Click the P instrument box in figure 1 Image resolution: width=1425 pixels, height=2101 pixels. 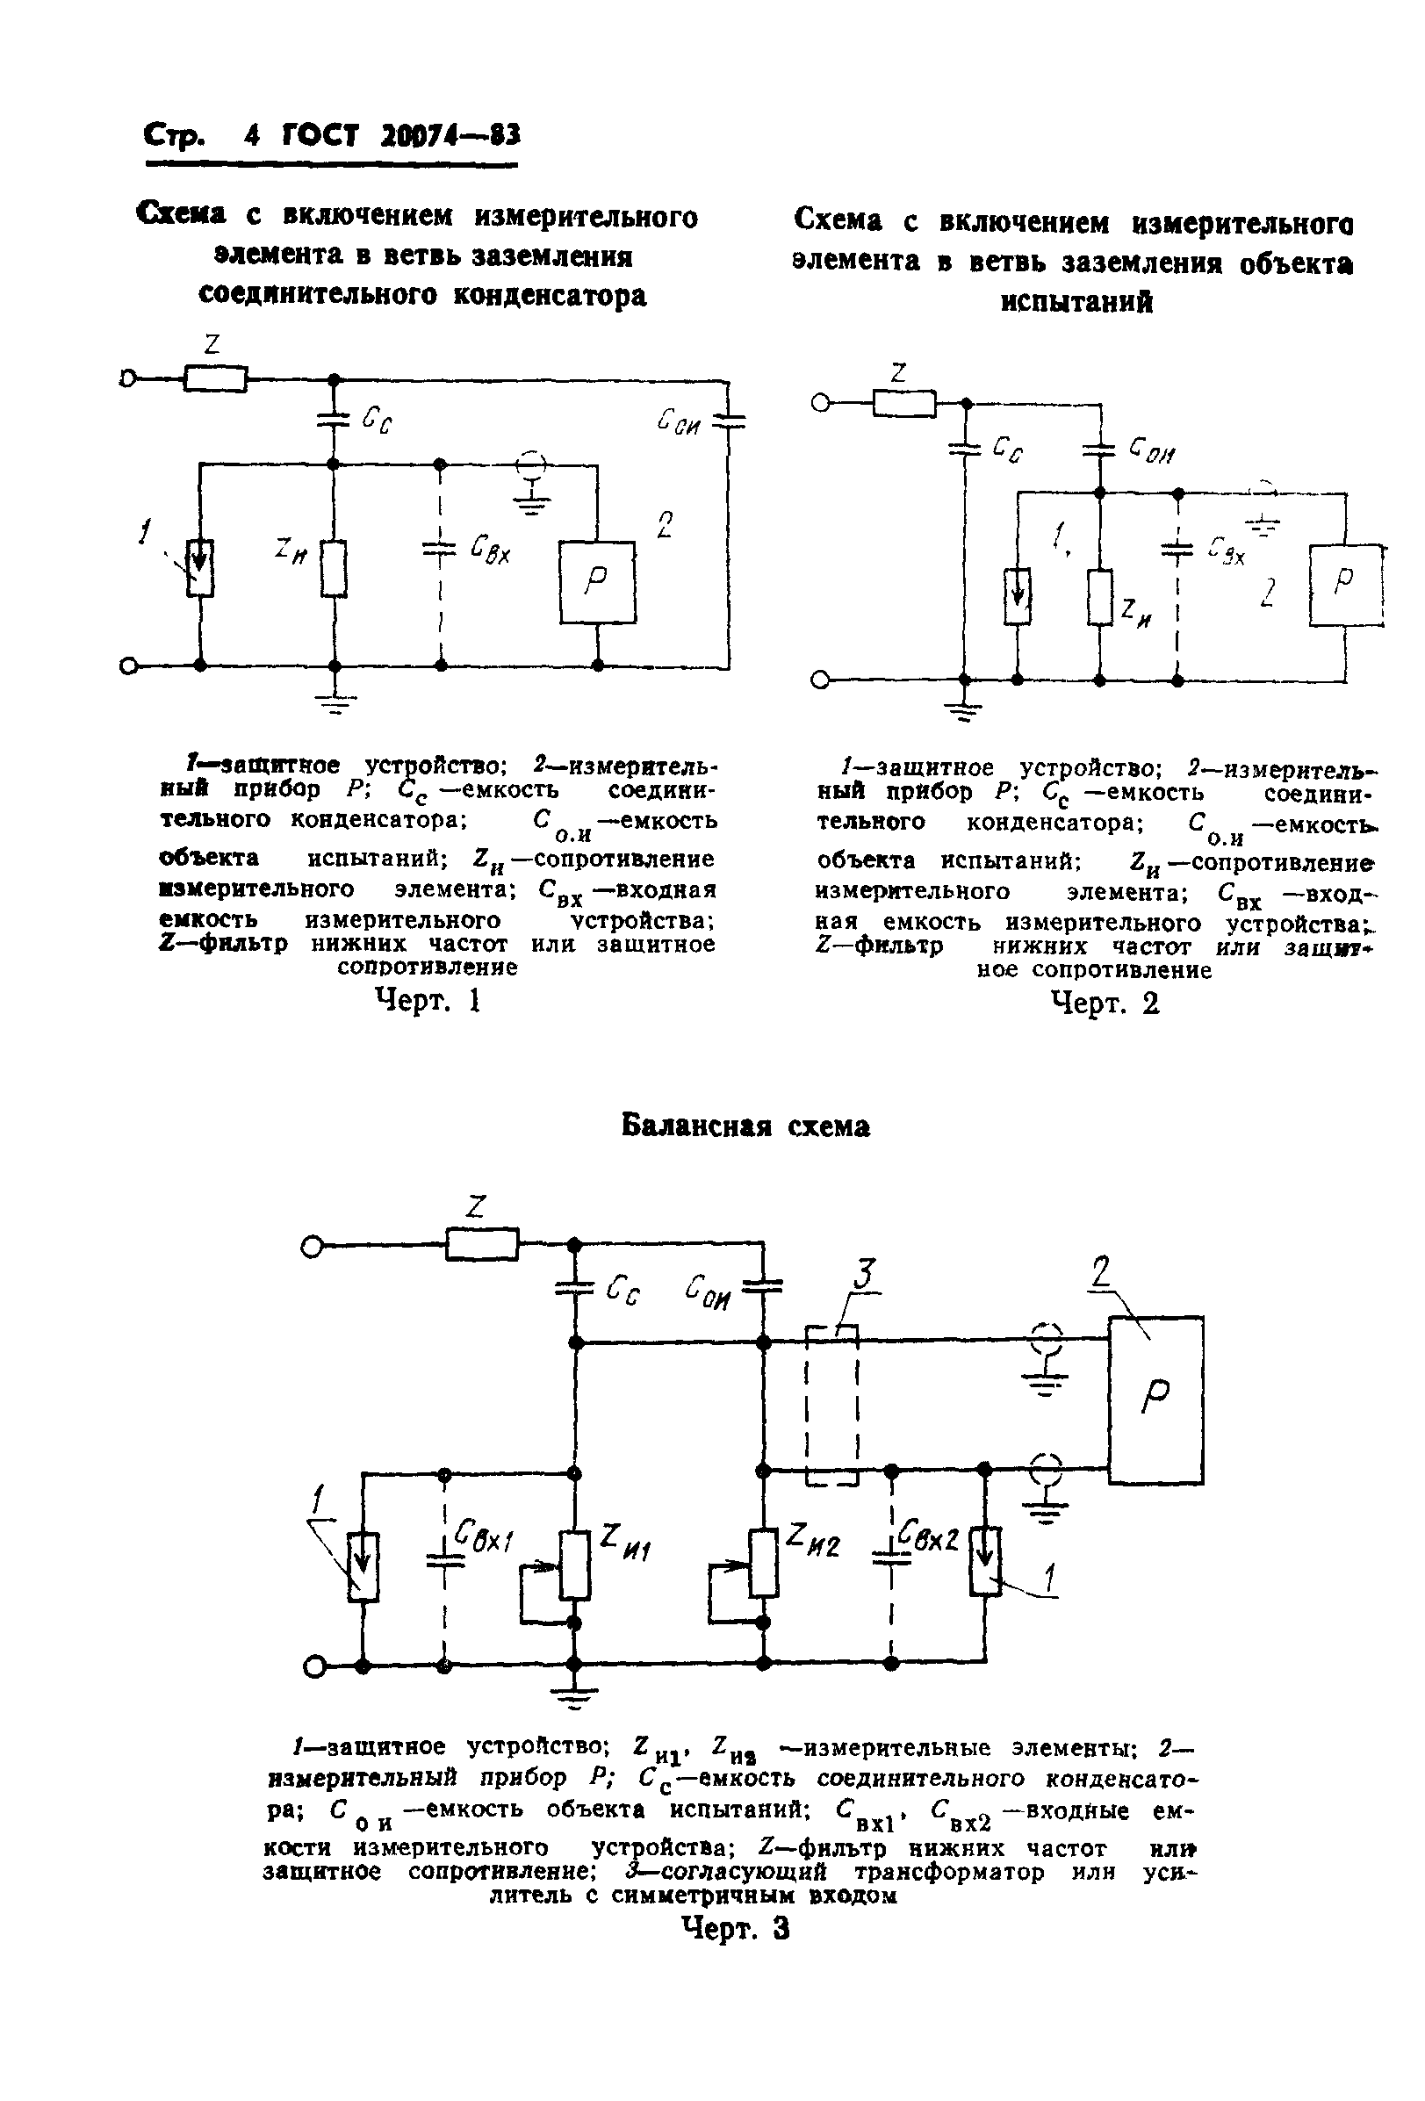597,582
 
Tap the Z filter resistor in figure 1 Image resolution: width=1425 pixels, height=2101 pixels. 215,378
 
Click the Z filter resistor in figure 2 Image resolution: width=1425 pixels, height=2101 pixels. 904,402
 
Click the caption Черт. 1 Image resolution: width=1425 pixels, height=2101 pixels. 427,1001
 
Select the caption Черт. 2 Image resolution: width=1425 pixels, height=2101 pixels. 1104,1003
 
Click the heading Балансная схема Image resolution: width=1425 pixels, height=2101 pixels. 746,1126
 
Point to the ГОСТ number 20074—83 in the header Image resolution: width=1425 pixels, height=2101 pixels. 450,135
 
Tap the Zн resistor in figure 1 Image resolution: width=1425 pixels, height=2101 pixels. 334,569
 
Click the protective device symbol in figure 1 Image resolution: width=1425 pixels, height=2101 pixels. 200,569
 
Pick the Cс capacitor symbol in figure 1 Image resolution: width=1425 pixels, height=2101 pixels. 334,419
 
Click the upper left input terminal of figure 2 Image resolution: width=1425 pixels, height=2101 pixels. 820,403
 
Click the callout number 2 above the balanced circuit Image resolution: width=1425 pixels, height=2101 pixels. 1100,1271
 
